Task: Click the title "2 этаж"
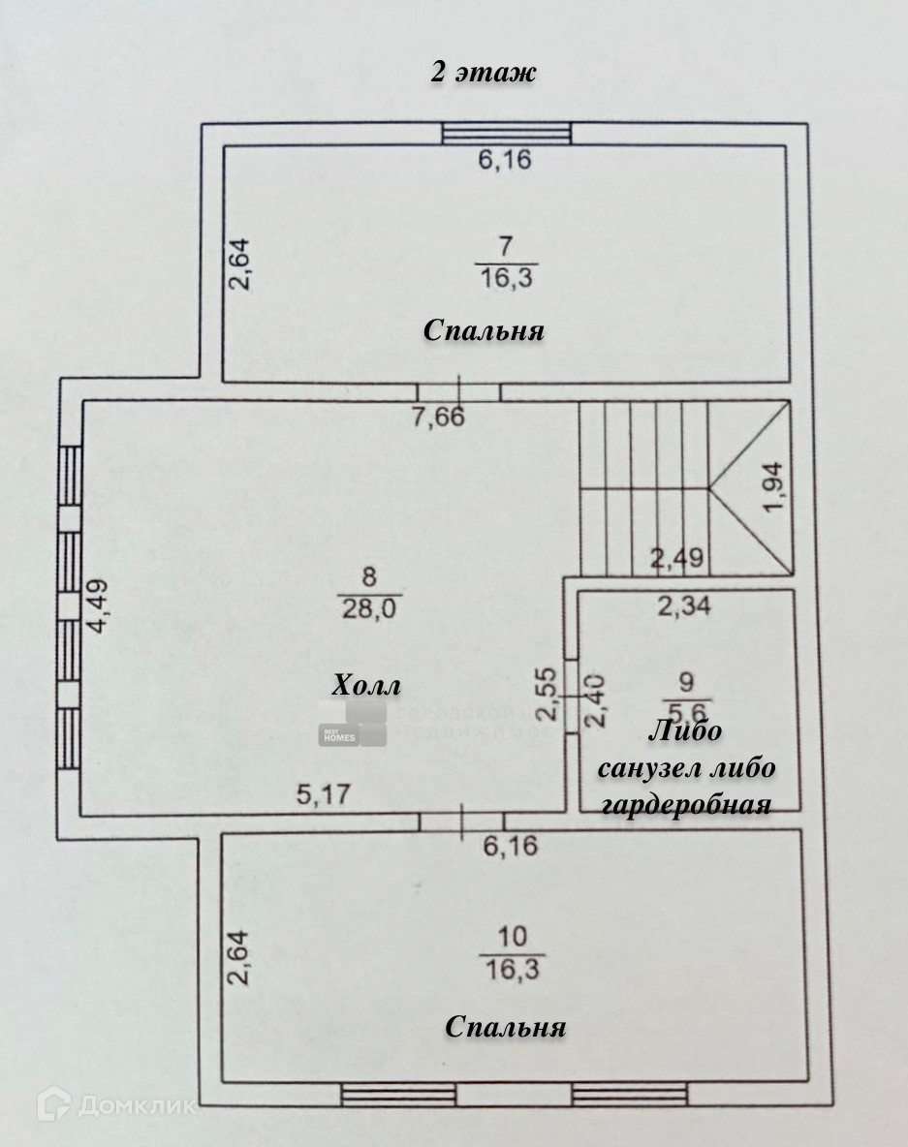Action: (483, 74)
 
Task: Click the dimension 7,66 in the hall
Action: (438, 418)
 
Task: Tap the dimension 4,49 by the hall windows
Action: (98, 605)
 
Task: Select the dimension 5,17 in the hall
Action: (323, 794)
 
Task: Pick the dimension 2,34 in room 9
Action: (684, 607)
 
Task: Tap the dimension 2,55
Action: (548, 694)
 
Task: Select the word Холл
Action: (366, 687)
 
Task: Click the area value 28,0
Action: (368, 608)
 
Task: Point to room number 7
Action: (506, 244)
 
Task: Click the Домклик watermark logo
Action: (116, 1104)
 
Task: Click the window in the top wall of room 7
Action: (506, 135)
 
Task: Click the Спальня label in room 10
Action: (505, 1027)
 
